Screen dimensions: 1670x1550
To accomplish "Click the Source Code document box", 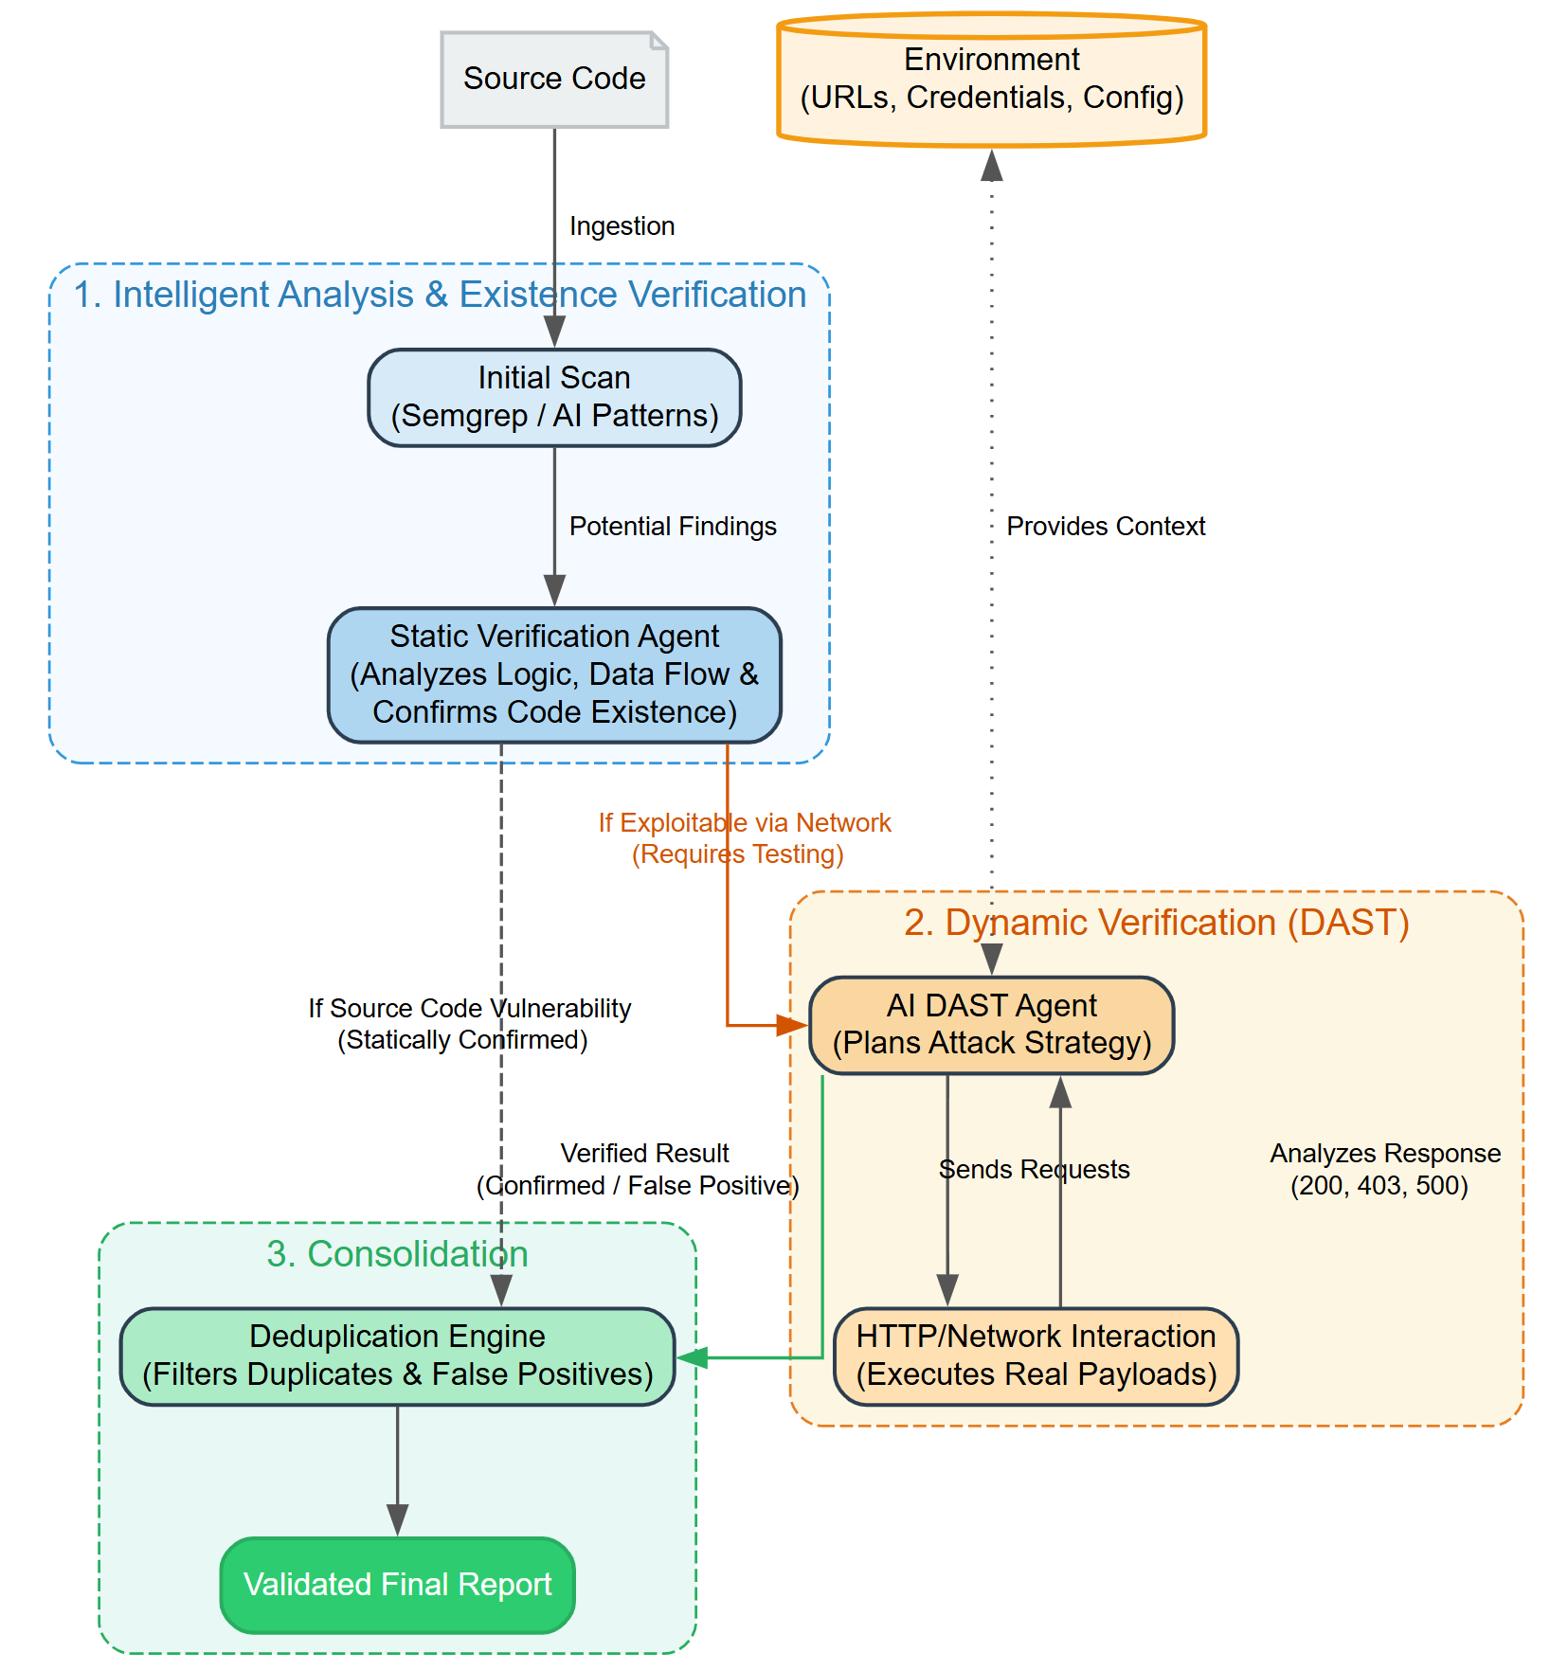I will point(554,80).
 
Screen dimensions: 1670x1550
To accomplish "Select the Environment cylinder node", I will point(991,80).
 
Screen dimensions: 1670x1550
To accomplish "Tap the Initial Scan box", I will point(554,397).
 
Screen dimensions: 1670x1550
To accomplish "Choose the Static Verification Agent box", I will point(554,674).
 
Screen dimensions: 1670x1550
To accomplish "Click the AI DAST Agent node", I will point(991,1025).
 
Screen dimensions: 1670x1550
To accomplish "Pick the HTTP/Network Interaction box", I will point(1036,1356).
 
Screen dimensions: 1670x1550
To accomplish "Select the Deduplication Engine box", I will point(397,1356).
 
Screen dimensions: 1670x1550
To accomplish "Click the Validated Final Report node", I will point(397,1585).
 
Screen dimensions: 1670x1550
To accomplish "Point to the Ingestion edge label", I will point(622,226).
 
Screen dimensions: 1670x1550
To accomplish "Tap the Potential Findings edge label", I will point(673,527).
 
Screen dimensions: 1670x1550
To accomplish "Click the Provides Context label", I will point(1106,527).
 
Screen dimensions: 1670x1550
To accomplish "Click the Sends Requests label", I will point(1034,1170).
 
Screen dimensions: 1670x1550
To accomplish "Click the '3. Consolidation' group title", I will point(397,1254).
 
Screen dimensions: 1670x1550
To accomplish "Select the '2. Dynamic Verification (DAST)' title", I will point(1156,923).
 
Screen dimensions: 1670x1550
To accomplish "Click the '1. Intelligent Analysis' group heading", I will point(440,295).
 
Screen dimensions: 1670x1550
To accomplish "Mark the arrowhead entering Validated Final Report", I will point(398,1521).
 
